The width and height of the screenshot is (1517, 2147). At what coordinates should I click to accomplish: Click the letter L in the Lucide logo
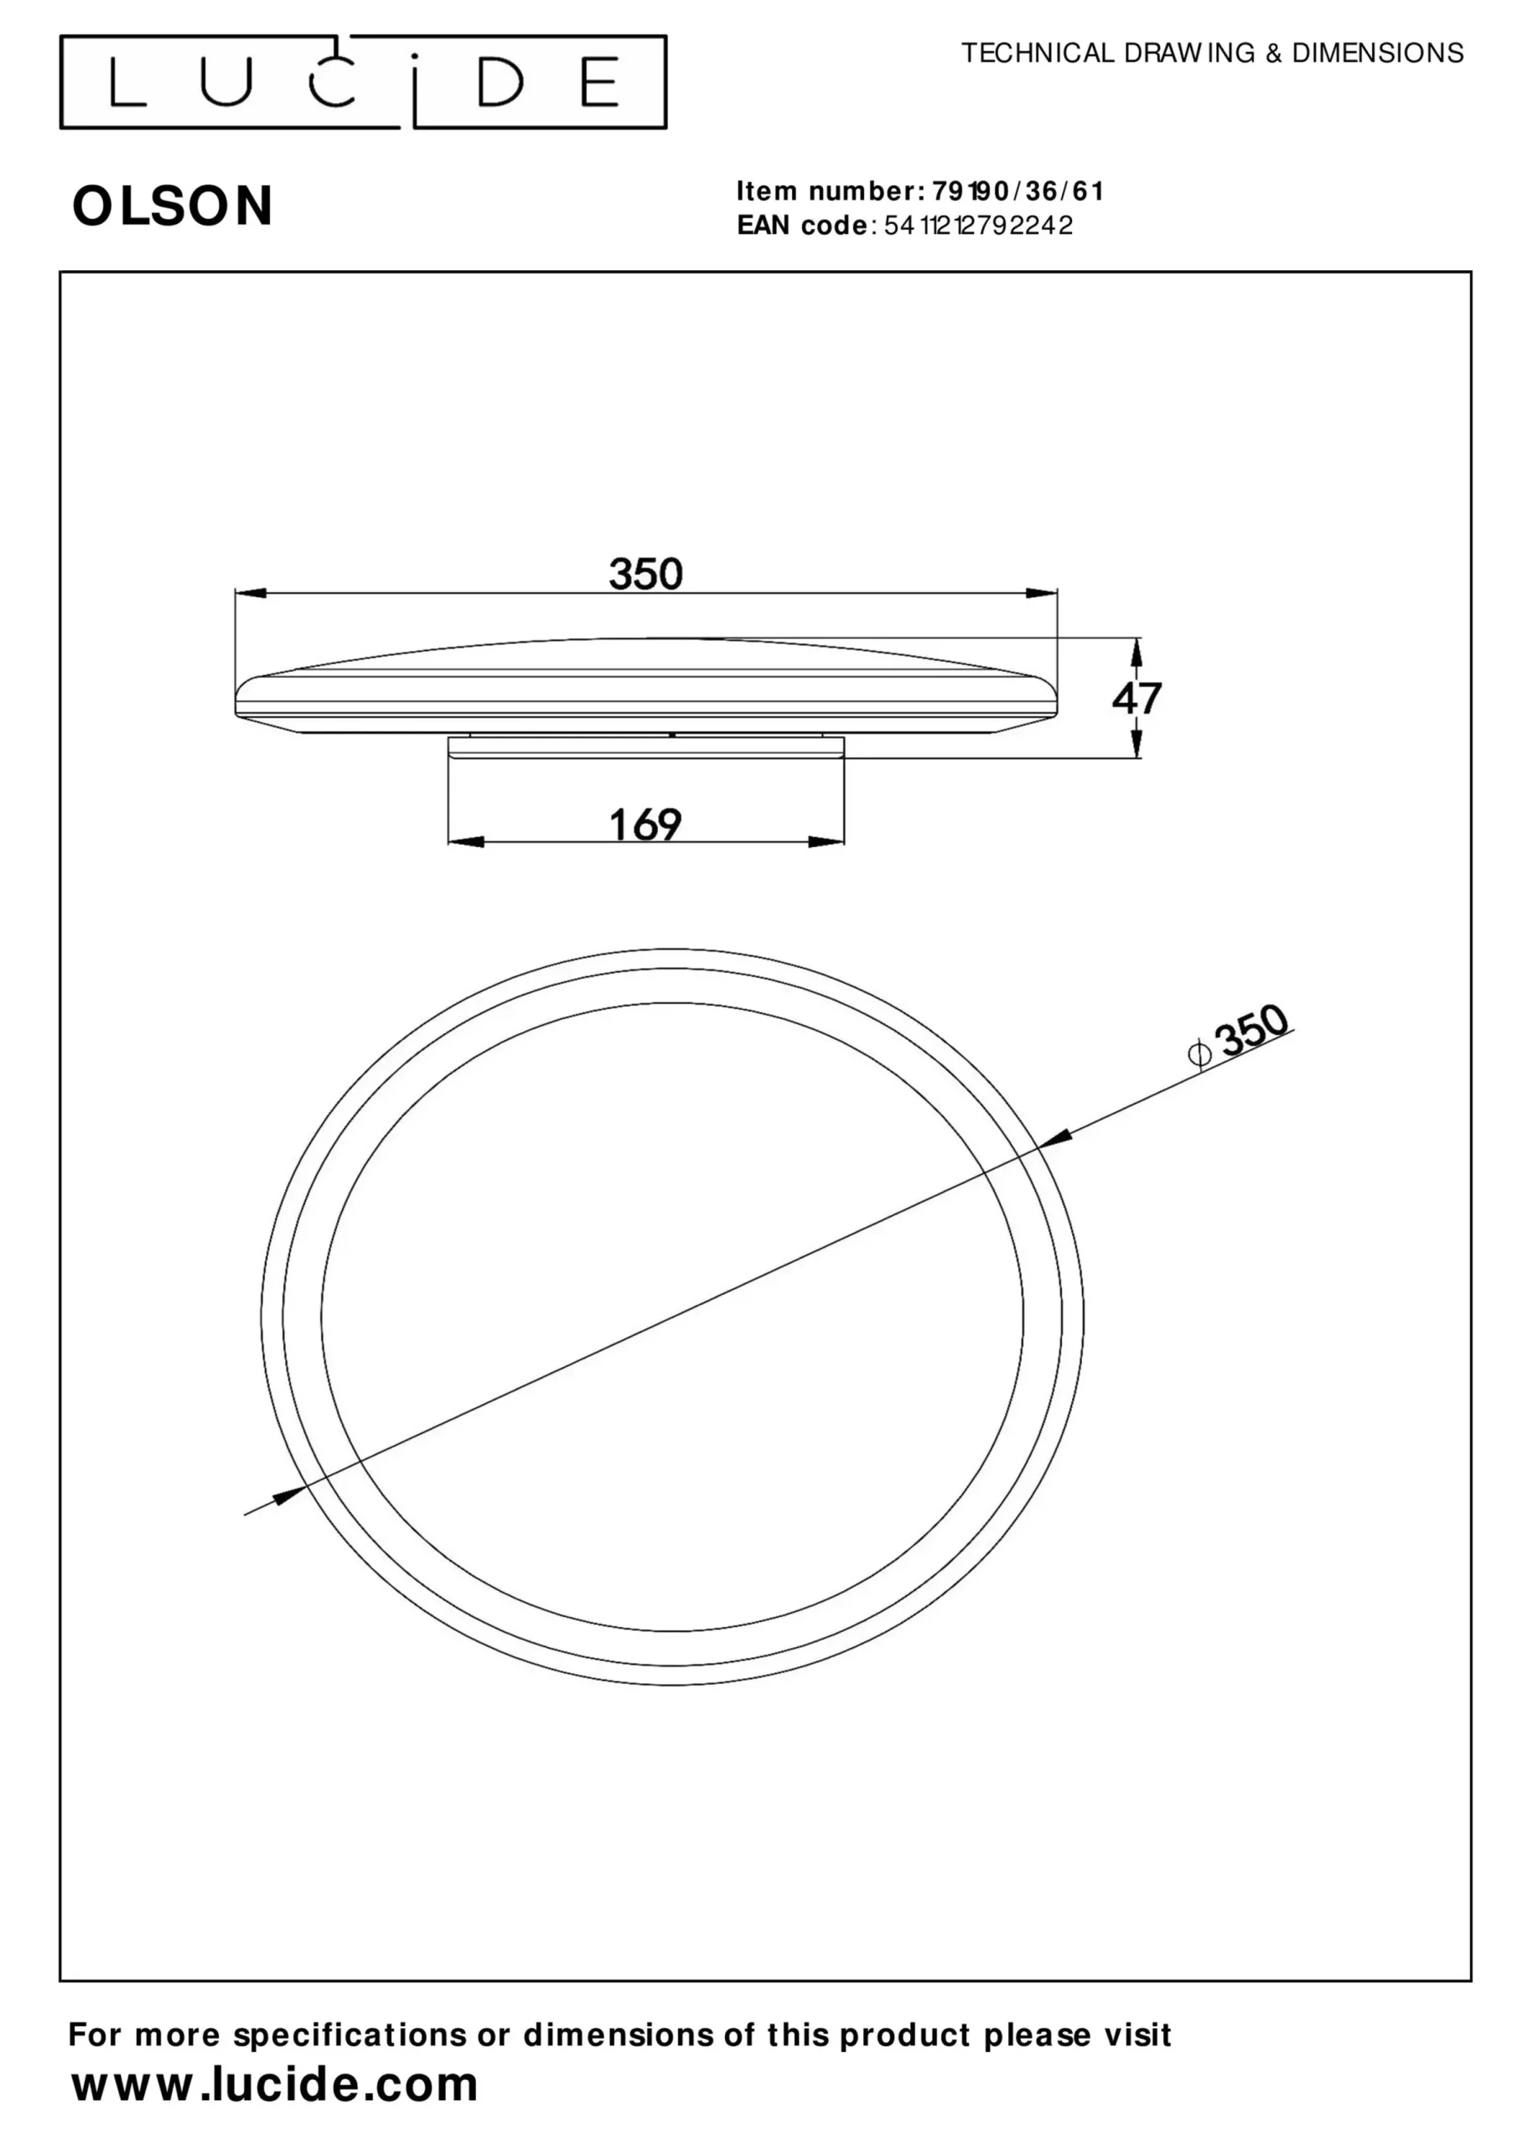[x=127, y=81]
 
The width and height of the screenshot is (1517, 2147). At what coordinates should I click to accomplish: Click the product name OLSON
[x=173, y=205]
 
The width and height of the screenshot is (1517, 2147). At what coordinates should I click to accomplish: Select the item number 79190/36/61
[x=1017, y=192]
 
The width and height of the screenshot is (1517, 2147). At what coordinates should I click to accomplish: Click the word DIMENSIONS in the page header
[x=1378, y=54]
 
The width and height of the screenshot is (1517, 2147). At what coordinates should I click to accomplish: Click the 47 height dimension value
[x=1136, y=699]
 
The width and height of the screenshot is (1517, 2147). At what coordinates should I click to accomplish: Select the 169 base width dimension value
[x=646, y=824]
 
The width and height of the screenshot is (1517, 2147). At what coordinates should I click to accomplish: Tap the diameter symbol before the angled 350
[x=1199, y=1054]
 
